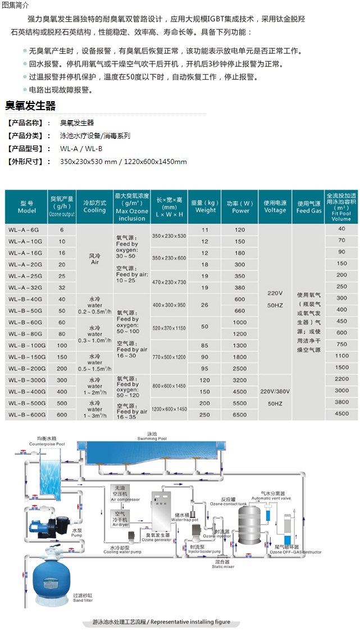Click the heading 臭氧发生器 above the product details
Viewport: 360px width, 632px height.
tap(30, 106)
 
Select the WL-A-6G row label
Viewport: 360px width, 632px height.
tap(24, 230)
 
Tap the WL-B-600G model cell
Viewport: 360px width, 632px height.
tap(26, 415)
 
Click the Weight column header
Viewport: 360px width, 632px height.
tap(205, 206)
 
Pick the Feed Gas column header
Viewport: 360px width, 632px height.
tap(309, 207)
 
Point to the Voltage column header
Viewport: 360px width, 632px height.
tap(275, 207)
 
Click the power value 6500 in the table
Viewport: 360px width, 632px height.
tap(240, 415)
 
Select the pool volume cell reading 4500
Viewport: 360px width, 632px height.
tap(341, 413)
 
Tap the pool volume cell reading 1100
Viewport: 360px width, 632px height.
tap(341, 356)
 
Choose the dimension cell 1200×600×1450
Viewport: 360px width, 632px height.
tap(169, 409)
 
